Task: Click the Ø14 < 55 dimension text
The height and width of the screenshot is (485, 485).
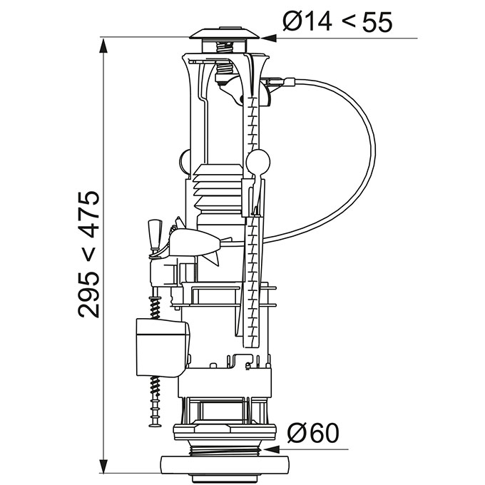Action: point(337,21)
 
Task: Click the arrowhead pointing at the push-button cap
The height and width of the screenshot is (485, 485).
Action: point(268,38)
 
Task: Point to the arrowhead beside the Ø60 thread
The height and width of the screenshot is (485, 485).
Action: point(270,449)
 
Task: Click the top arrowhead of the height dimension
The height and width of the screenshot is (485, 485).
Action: point(103,46)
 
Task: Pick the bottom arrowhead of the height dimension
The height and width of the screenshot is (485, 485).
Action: point(103,465)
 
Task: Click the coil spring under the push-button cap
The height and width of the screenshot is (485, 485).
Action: point(224,48)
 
